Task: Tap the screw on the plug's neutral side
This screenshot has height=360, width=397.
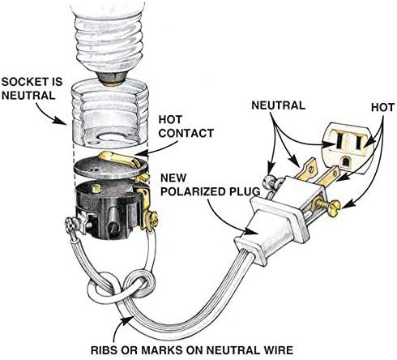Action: click(x=270, y=183)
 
